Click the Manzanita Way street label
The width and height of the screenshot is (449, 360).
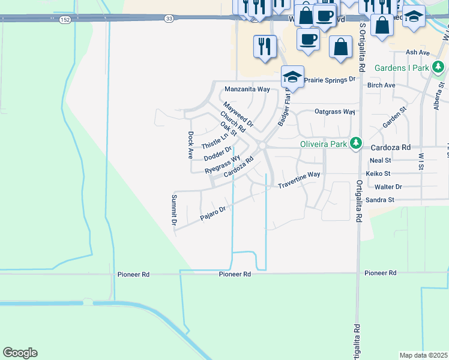247,89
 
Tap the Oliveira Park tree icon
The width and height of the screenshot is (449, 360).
357,143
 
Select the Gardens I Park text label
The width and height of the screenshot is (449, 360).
402,68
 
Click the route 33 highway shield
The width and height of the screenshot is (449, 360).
169,19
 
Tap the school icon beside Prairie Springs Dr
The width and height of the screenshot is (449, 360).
292,77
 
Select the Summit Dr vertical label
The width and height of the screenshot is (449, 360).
174,210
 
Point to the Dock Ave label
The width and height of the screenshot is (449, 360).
190,145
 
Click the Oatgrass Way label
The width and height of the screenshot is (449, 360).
335,112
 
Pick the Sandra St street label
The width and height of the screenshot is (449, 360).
379,199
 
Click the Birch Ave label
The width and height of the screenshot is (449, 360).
381,85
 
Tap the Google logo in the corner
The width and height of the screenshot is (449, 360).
20,353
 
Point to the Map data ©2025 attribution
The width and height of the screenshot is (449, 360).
423,355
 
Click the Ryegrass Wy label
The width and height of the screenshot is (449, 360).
223,165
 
